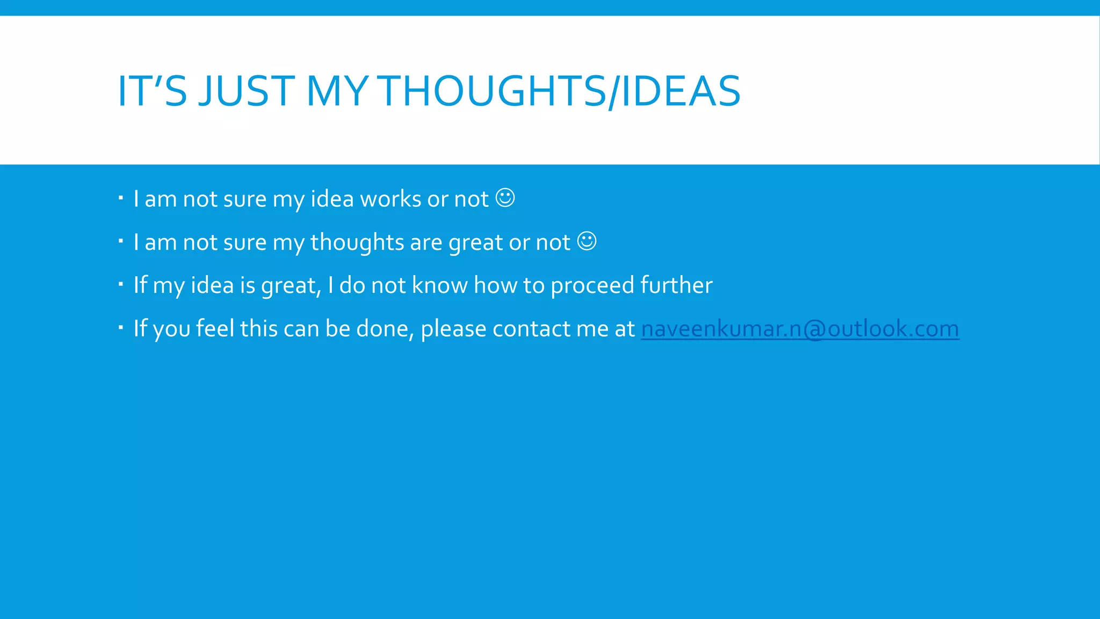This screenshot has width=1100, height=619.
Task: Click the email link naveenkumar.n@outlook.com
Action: (800, 329)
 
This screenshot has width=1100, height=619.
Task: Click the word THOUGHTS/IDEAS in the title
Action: (560, 91)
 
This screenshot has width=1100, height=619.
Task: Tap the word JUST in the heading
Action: (247, 91)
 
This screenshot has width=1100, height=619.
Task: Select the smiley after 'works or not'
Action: (505, 198)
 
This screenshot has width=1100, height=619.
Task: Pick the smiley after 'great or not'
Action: (587, 241)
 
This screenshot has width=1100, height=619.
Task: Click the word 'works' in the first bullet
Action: (390, 199)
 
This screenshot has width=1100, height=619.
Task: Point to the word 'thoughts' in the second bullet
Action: (357, 242)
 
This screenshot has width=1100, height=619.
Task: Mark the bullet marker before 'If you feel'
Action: (121, 326)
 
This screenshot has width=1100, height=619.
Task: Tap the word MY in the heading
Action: (337, 91)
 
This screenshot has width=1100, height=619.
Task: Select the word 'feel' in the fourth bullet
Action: (215, 328)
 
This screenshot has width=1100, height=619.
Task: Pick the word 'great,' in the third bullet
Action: (291, 286)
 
